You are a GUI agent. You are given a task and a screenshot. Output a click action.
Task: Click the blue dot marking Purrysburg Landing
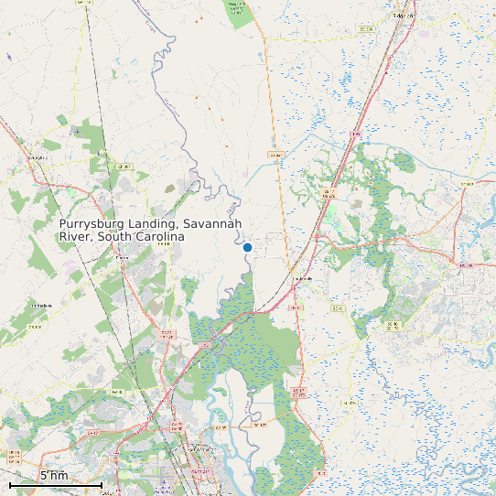(x=247, y=247)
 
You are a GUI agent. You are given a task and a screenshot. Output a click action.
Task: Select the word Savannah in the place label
(x=212, y=224)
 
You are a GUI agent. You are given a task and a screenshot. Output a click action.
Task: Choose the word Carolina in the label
(x=160, y=237)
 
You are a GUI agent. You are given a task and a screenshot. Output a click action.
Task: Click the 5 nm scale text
(x=54, y=476)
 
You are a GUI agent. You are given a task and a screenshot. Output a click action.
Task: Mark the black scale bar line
(x=55, y=484)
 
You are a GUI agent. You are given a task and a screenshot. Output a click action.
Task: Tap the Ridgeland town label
(x=403, y=16)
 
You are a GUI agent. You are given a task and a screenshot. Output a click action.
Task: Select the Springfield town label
(x=38, y=157)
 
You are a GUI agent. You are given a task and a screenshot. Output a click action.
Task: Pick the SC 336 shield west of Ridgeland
(x=366, y=29)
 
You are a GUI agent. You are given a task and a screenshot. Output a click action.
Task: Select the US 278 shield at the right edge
(x=467, y=265)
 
